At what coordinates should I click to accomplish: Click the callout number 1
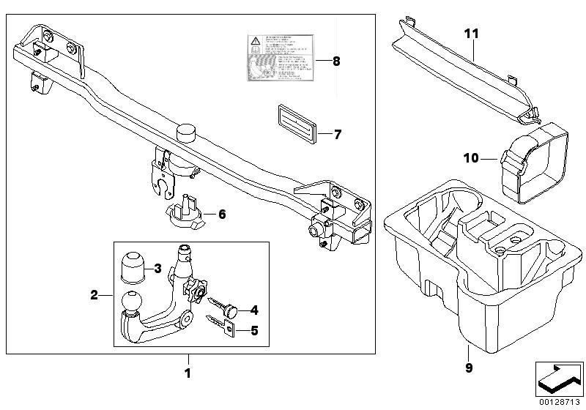click(x=188, y=373)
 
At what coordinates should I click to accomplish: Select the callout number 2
click(x=94, y=296)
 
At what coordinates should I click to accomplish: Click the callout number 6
click(x=221, y=214)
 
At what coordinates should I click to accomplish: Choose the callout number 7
click(x=337, y=135)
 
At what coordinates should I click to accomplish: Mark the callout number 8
click(x=336, y=61)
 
